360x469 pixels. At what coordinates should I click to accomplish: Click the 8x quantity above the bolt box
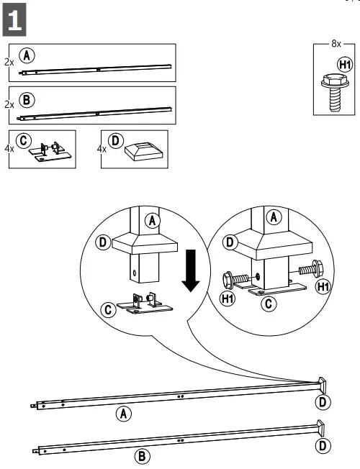click(336, 44)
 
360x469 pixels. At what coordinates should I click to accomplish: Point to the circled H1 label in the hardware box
click(345, 65)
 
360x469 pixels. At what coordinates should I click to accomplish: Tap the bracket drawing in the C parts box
click(48, 152)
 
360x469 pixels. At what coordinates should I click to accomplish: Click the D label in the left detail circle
click(104, 242)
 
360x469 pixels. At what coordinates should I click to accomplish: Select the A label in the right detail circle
click(274, 217)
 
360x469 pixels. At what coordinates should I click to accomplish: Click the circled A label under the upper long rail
click(124, 414)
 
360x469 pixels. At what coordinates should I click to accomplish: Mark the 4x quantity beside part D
click(102, 149)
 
